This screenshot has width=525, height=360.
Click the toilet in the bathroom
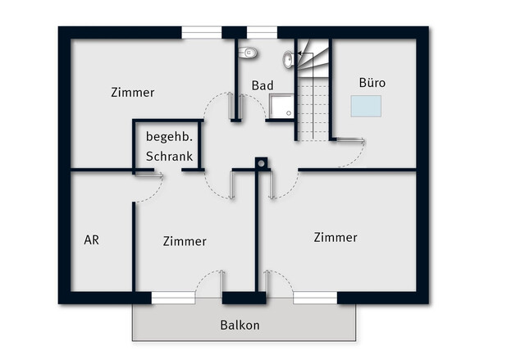click(x=249, y=52)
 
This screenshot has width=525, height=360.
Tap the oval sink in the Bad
click(x=289, y=58)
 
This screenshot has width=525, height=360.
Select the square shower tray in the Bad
click(x=281, y=107)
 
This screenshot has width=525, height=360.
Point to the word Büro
click(x=372, y=83)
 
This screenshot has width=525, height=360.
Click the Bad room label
click(x=262, y=85)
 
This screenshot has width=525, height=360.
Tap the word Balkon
click(x=240, y=325)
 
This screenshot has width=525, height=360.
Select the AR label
click(x=92, y=241)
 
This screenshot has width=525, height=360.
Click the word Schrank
click(x=169, y=156)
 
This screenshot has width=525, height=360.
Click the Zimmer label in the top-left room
click(x=133, y=93)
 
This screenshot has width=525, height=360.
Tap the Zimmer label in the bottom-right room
click(x=336, y=237)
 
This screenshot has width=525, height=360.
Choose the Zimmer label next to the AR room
click(x=185, y=241)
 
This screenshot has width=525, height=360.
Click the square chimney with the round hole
click(x=261, y=162)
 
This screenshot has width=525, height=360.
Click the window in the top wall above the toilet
click(x=262, y=33)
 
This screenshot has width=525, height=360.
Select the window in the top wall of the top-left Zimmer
click(x=201, y=33)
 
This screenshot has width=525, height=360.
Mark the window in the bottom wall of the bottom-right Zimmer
click(x=315, y=298)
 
